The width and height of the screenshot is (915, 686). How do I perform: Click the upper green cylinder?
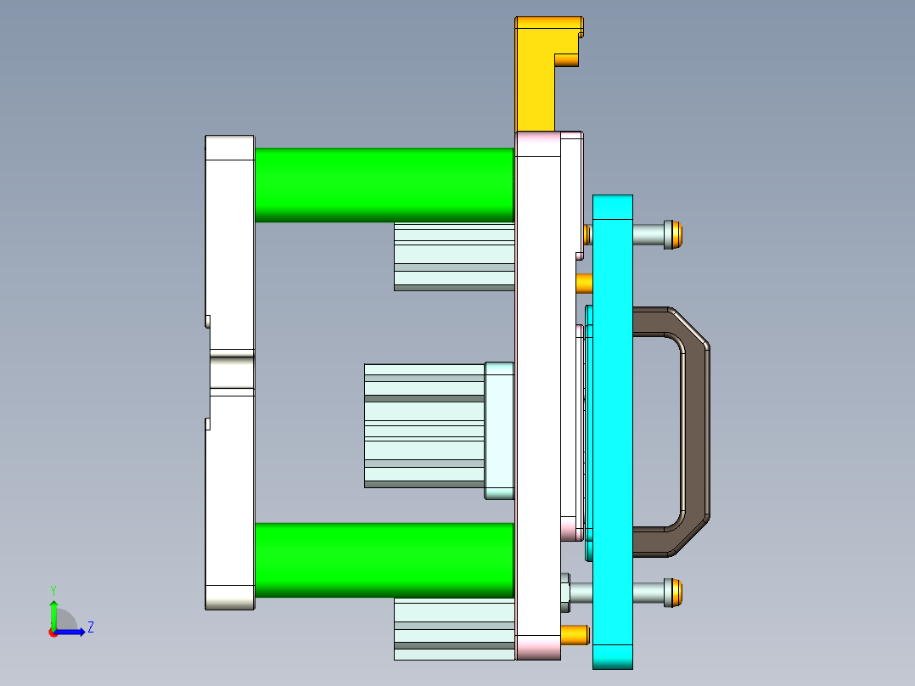(384, 185)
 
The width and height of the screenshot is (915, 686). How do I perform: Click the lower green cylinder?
(384, 559)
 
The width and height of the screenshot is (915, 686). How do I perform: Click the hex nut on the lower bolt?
(564, 593)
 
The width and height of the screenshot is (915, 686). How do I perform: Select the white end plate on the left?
(230, 255)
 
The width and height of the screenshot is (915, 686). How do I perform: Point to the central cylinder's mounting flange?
(499, 430)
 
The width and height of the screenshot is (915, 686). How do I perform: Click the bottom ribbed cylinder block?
(454, 629)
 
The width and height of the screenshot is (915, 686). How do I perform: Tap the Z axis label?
(91, 627)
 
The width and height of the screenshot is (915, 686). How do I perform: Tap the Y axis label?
(53, 589)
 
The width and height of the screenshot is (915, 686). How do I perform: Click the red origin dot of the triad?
(53, 633)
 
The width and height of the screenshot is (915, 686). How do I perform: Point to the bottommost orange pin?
(575, 634)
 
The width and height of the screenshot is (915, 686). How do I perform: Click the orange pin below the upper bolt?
(584, 283)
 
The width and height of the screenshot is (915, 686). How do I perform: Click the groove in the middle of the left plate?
(232, 371)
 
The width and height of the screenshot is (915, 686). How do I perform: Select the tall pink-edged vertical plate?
(537, 391)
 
